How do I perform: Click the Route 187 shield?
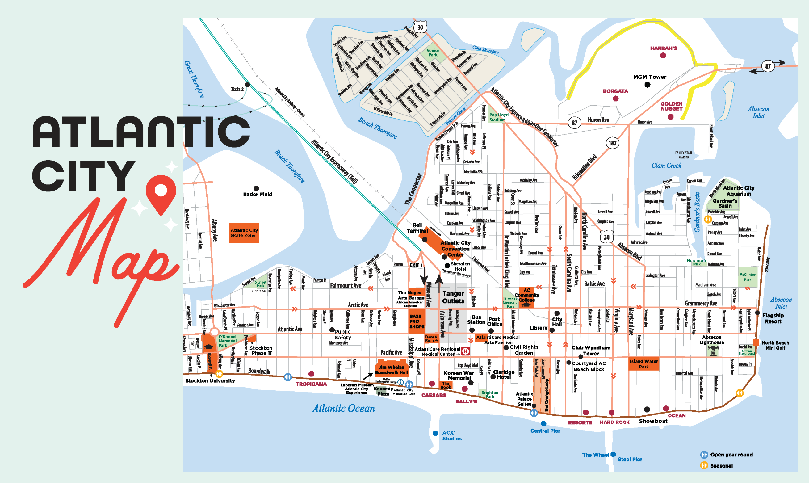[612, 143]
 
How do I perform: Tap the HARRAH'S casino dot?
[663, 55]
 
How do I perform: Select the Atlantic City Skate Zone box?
[244, 233]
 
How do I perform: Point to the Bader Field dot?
[256, 188]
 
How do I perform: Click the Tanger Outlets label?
[453, 297]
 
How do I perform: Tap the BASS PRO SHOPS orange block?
[417, 321]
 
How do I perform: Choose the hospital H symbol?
[466, 351]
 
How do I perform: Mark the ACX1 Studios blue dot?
[435, 433]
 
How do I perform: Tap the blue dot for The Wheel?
[613, 454]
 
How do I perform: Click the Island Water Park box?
[643, 364]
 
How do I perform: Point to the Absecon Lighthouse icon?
[713, 351]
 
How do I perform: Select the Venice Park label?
[433, 53]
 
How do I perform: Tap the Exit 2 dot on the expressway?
[247, 85]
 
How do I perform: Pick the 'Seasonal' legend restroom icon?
[704, 465]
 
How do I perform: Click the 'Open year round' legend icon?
[704, 454]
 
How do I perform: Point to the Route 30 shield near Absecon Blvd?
[606, 237]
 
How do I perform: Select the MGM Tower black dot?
[647, 85]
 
